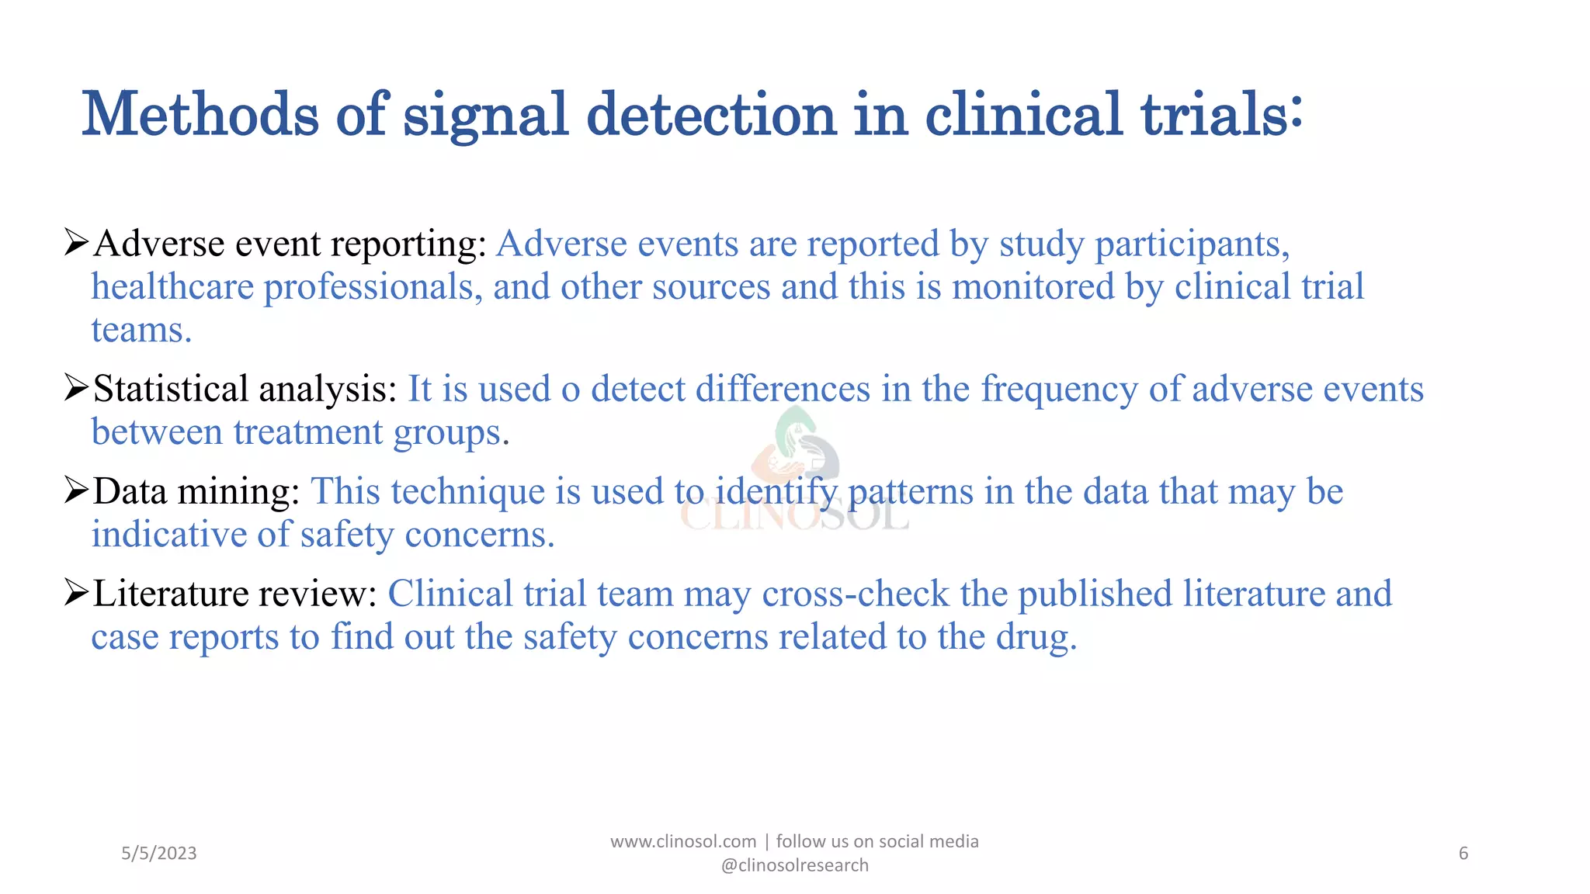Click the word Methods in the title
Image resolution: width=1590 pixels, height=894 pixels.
tap(200, 115)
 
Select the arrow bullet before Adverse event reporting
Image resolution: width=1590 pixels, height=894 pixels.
tap(76, 243)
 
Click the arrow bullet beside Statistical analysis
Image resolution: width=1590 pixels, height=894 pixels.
tap(76, 388)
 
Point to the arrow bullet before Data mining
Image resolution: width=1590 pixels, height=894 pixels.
tap(76, 490)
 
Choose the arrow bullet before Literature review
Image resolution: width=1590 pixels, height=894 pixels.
tap(76, 593)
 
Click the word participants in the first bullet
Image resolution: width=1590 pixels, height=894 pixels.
tap(1192, 244)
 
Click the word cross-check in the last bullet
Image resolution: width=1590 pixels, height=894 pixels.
tap(855, 594)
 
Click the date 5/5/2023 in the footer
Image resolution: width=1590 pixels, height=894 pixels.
tap(159, 854)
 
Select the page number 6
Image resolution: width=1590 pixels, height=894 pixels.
tap(1463, 854)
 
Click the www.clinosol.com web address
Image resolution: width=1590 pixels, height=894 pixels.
tap(683, 841)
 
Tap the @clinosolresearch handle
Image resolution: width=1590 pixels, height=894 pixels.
tap(795, 865)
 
